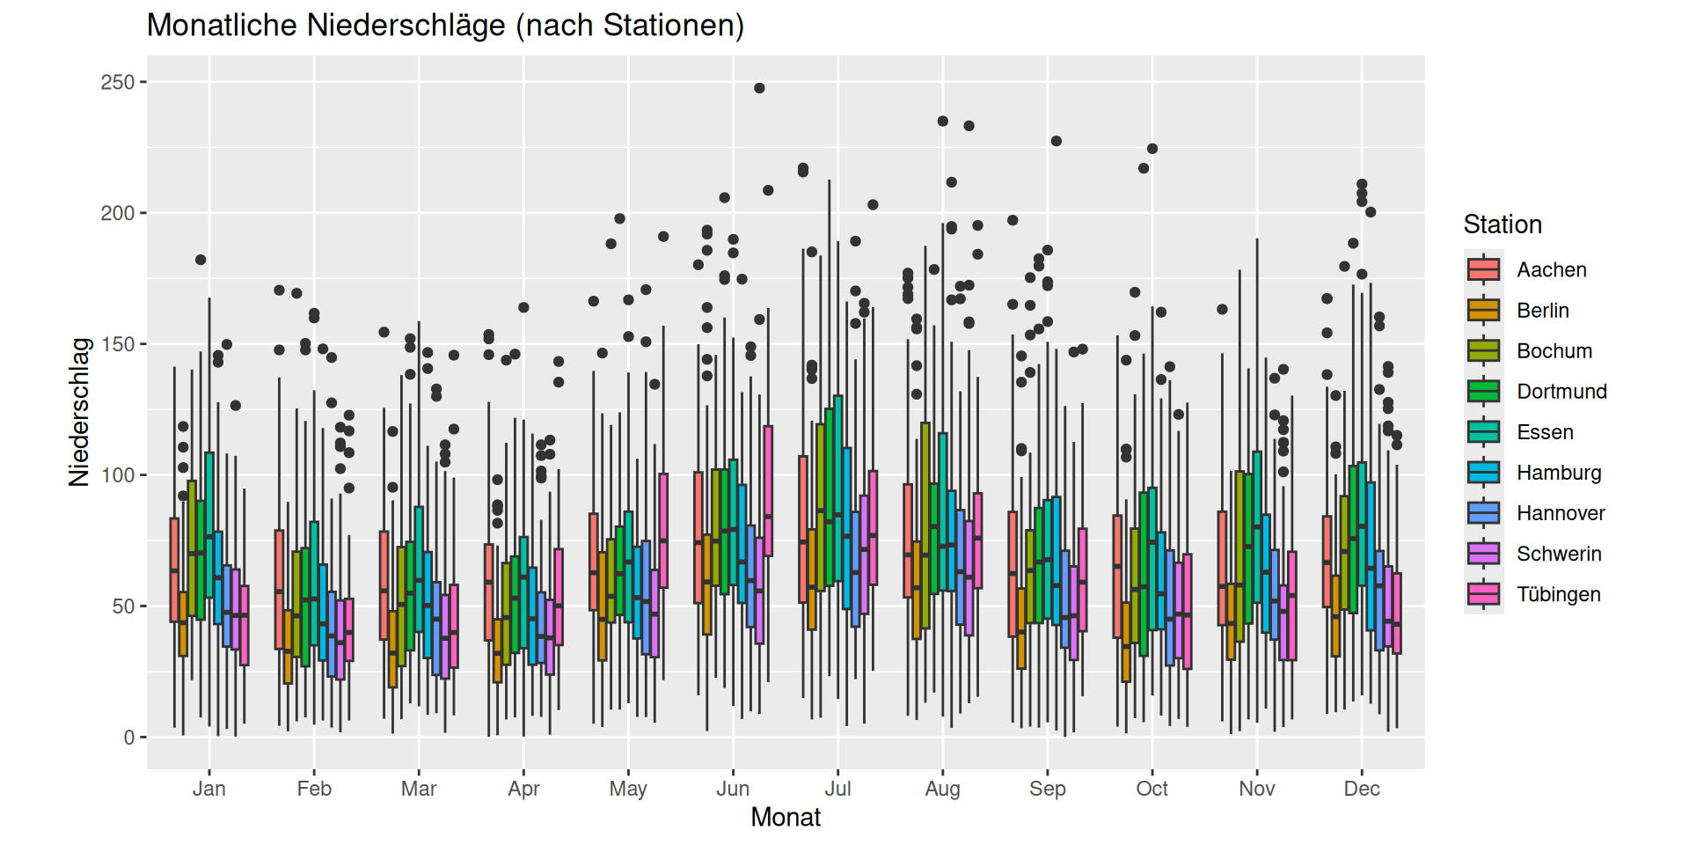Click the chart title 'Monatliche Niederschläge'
(445, 26)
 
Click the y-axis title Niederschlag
(80, 412)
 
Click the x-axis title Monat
(786, 817)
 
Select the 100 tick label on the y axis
(118, 475)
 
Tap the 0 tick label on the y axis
(129, 738)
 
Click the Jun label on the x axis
(733, 789)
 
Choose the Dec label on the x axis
(1362, 789)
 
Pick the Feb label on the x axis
(314, 789)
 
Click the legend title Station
(1503, 224)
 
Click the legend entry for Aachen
(1551, 269)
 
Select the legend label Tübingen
(1558, 594)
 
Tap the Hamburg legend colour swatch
(1483, 473)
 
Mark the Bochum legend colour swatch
(1483, 351)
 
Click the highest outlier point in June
(759, 88)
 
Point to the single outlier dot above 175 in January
(201, 260)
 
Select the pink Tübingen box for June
(768, 490)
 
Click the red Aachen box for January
(174, 569)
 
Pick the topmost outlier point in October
(1152, 149)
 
